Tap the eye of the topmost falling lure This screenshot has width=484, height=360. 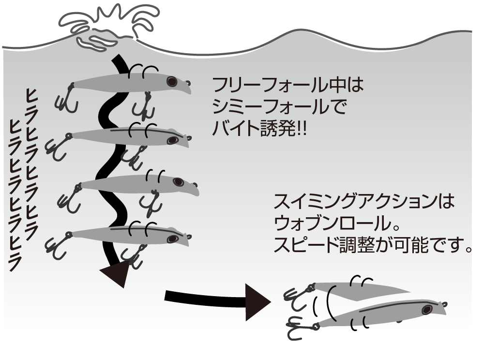click(x=172, y=82)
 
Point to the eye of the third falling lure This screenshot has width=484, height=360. click(x=179, y=182)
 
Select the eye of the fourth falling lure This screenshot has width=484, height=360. click(x=172, y=239)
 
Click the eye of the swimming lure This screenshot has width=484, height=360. click(x=426, y=309)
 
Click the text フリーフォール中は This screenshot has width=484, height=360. click(x=287, y=87)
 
